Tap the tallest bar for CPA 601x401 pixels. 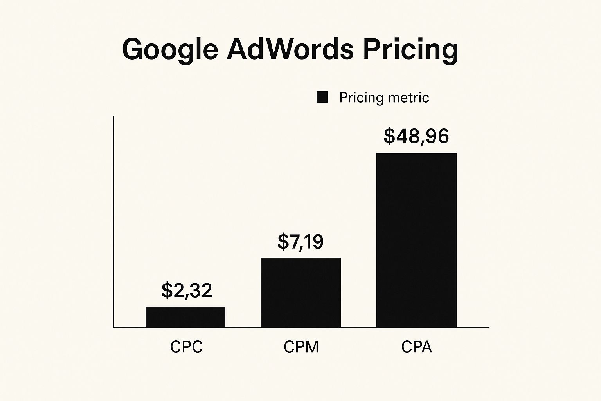416,240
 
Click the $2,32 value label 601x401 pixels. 187,290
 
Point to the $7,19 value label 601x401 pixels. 300,242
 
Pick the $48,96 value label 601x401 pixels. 416,136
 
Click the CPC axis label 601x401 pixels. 186,347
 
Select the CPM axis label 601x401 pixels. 301,347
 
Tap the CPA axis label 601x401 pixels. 416,347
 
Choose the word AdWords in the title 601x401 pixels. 290,49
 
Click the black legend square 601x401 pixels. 322,97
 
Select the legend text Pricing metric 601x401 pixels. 384,98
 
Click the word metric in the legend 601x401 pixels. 410,98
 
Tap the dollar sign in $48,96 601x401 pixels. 390,136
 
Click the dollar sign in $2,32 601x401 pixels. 167,290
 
